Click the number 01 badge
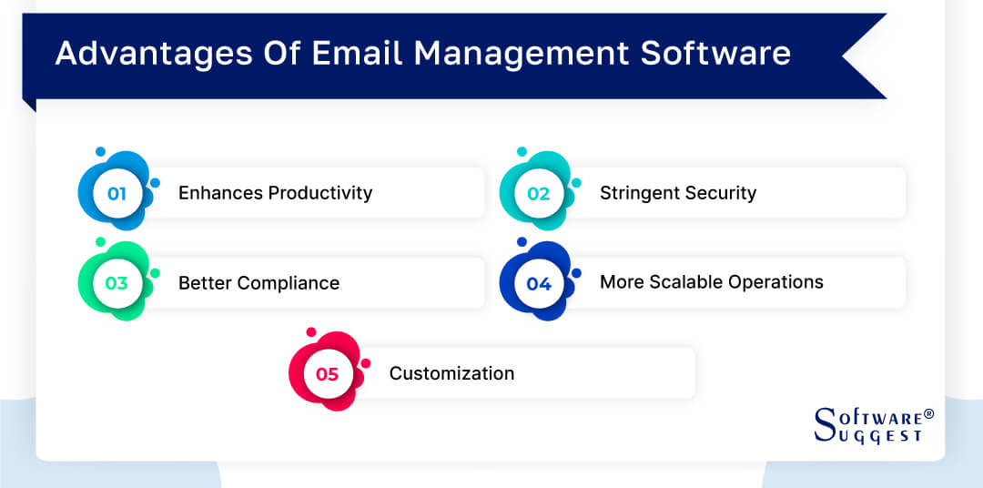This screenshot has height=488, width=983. point(117,193)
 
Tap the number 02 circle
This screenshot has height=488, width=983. point(539,193)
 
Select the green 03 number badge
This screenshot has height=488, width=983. point(117,283)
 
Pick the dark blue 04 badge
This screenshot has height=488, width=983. point(539,283)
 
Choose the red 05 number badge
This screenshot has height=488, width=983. point(328,373)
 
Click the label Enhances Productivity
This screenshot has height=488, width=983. point(275,193)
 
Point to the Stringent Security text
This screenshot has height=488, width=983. point(677,193)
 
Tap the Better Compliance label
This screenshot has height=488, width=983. point(258,283)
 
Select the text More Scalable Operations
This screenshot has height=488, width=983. point(711,282)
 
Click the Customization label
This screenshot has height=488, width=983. point(451,373)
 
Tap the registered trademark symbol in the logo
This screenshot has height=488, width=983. point(928,413)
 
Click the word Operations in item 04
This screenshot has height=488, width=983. point(779,282)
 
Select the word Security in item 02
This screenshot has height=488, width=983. point(720,193)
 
